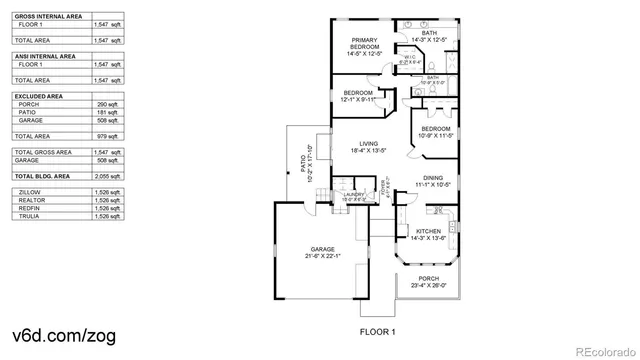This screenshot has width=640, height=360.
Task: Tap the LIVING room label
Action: pyautogui.click(x=369, y=145)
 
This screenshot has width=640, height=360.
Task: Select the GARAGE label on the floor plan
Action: pyautogui.click(x=322, y=249)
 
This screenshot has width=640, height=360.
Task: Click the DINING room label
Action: pyautogui.click(x=431, y=177)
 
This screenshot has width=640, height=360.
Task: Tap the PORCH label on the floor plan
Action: pyautogui.click(x=428, y=279)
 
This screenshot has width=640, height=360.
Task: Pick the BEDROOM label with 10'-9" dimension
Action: pyautogui.click(x=435, y=129)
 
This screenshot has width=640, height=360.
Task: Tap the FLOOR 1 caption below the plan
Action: pyautogui.click(x=378, y=330)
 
